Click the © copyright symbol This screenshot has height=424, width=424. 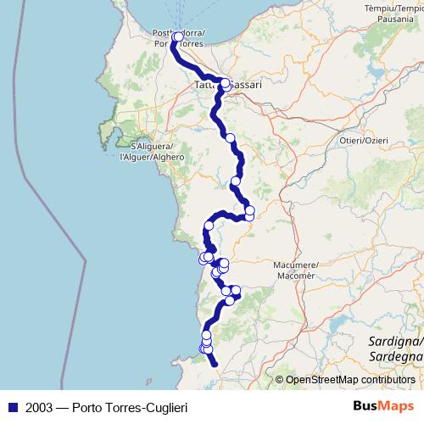click(279, 380)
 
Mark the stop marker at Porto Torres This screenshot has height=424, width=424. click(178, 37)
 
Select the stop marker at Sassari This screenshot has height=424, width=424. click(225, 83)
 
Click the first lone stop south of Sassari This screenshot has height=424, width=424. click(229, 137)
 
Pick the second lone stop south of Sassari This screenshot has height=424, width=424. click(236, 181)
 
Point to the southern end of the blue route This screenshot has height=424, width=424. click(215, 365)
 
